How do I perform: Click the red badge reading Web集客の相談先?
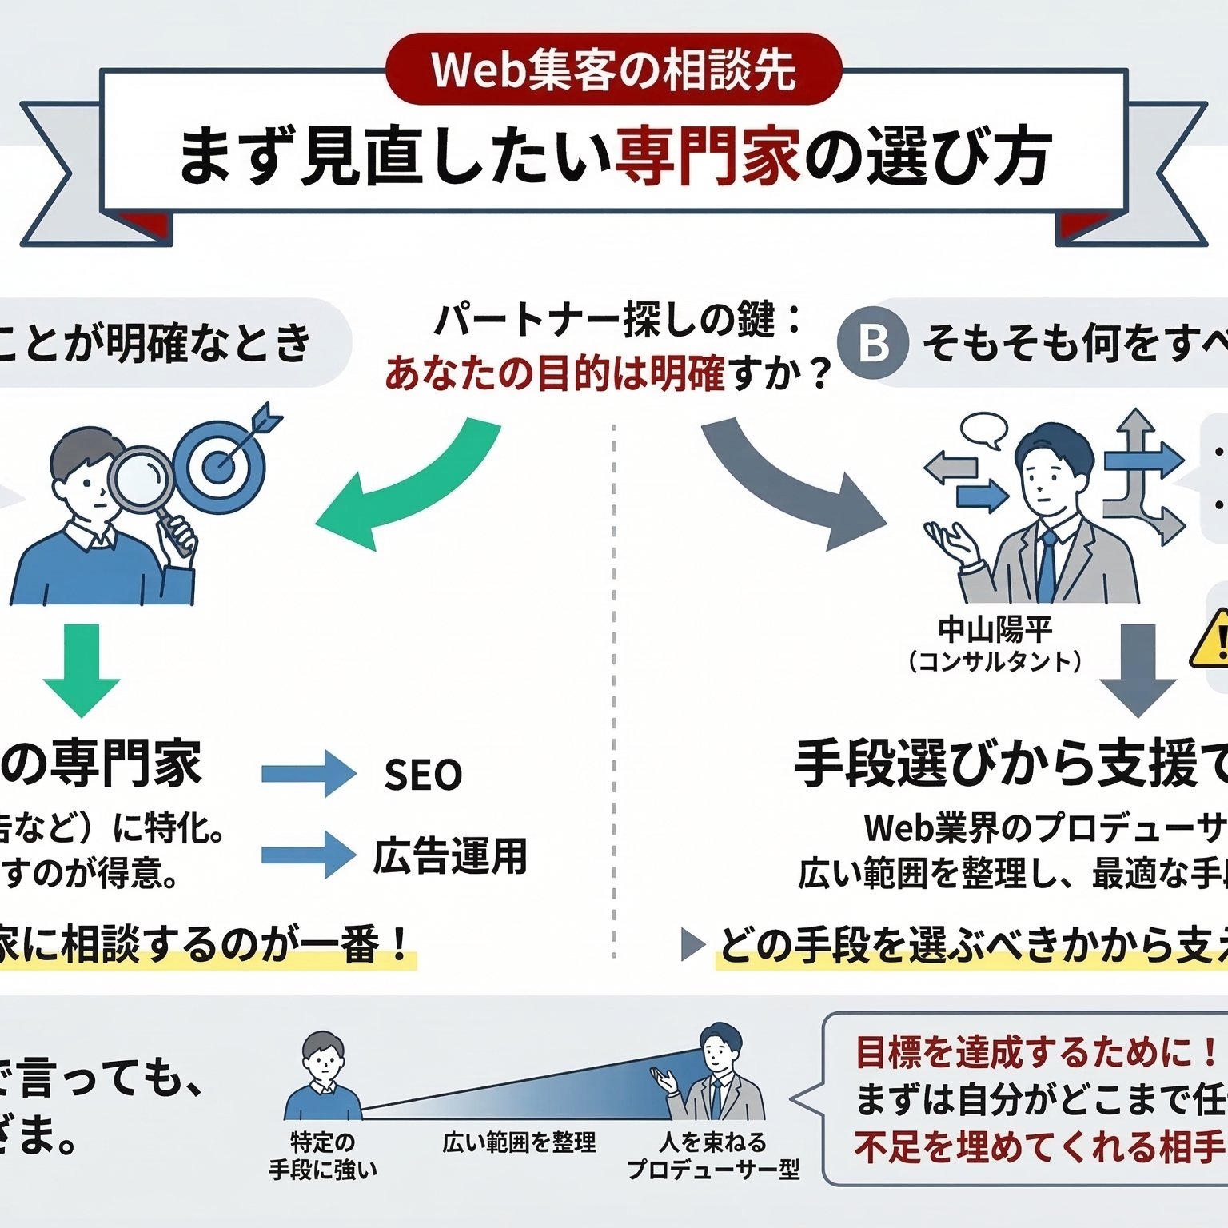click(x=613, y=69)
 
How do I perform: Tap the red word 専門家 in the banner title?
click(x=707, y=156)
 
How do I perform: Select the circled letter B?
click(x=873, y=343)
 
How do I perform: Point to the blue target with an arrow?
click(x=221, y=464)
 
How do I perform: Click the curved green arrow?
click(x=400, y=488)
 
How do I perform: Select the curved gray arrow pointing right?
click(x=791, y=488)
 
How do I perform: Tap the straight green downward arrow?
click(x=82, y=668)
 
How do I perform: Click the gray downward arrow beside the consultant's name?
click(x=1138, y=668)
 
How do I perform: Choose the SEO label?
click(x=423, y=775)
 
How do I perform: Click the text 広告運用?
click(x=450, y=855)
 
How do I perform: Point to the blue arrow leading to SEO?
click(x=309, y=774)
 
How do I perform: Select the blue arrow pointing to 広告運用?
click(x=309, y=855)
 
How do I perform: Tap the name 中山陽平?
click(x=995, y=630)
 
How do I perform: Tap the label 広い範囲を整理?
click(x=520, y=1142)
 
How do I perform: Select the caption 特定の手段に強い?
click(x=323, y=1156)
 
